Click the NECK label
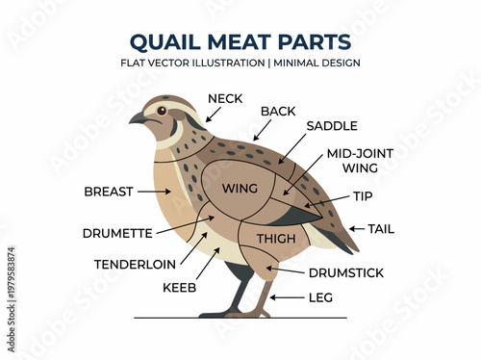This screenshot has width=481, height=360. (224, 98)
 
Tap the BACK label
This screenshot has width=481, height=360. (277, 112)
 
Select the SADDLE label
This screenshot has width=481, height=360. (331, 126)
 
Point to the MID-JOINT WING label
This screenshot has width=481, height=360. (352, 160)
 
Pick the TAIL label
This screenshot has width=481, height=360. (381, 229)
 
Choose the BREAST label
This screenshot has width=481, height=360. (109, 192)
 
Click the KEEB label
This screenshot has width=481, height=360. (179, 287)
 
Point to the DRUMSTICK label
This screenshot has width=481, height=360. (346, 272)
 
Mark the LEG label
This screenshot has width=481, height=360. (320, 297)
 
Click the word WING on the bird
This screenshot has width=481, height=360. (239, 189)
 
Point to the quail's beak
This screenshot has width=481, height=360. (138, 118)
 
